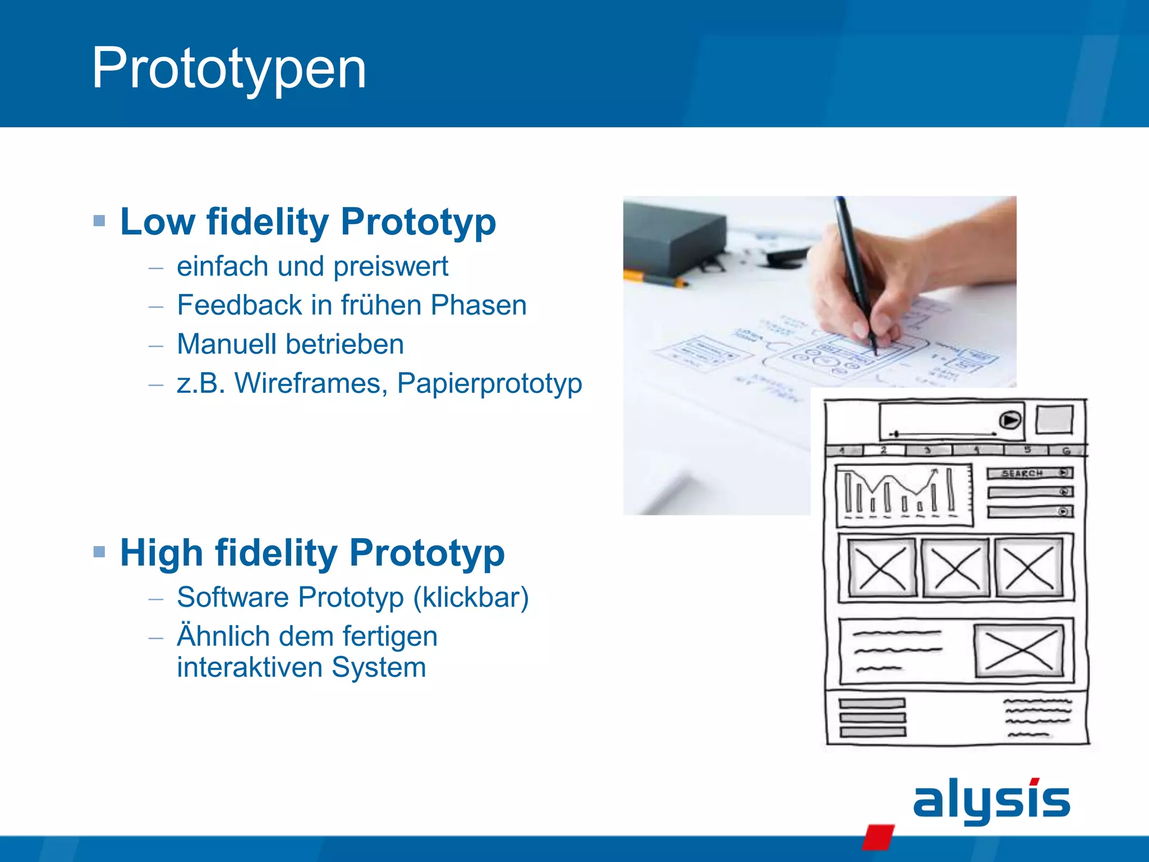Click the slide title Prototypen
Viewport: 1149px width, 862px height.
pos(229,68)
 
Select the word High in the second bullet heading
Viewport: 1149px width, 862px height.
pos(162,553)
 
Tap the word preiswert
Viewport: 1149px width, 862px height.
pos(390,267)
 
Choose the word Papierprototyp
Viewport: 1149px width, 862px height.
pos(489,384)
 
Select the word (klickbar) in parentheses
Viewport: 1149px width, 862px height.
pos(471,597)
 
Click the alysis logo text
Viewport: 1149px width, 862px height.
pos(991,800)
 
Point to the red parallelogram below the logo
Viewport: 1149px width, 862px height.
pos(877,837)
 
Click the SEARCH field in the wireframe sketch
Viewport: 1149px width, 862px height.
pos(1028,474)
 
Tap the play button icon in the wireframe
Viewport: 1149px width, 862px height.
pos(1010,420)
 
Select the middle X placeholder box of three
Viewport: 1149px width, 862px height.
pos(955,568)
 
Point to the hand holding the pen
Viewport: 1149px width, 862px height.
pos(875,281)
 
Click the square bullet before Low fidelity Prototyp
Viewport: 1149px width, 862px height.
pos(99,221)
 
